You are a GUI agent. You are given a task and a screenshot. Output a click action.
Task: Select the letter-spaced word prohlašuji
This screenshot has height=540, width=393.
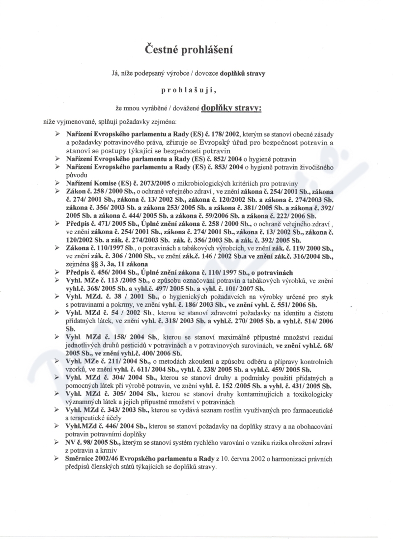pos(196,91)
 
